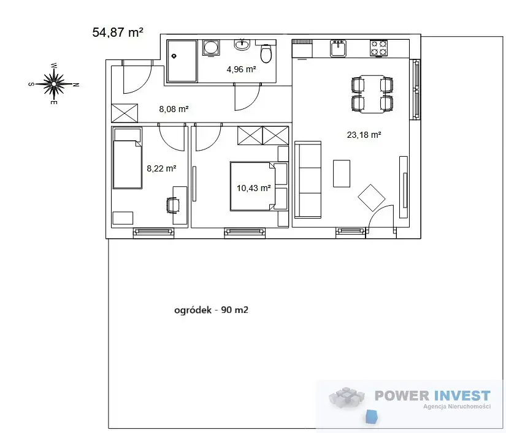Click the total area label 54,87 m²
[x=118, y=32]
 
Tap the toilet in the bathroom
[x=266, y=53]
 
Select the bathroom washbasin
[x=242, y=44]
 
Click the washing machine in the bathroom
[x=211, y=48]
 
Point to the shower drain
[x=174, y=56]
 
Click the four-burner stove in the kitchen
[x=379, y=48]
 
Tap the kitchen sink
[x=338, y=48]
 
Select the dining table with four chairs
[x=372, y=94]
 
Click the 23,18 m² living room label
[x=364, y=135]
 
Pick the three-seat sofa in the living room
[x=308, y=179]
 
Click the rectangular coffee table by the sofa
[x=342, y=173]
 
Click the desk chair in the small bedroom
[x=173, y=205]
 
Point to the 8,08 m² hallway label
[x=174, y=109]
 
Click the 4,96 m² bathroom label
[x=242, y=69]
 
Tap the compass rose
[x=54, y=84]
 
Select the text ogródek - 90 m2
[x=212, y=310]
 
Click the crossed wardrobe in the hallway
[x=125, y=113]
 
